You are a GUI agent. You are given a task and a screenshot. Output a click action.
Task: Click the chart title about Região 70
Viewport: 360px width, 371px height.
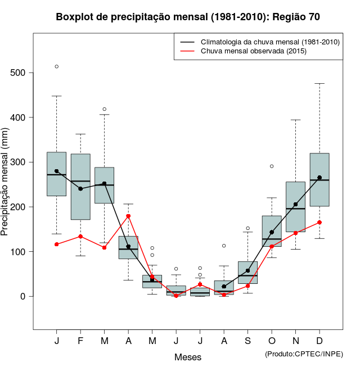click(x=188, y=17)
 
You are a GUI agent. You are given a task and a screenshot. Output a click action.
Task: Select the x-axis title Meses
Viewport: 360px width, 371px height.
click(x=188, y=357)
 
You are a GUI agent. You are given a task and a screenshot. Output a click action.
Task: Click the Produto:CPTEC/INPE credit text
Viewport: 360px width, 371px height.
click(x=304, y=354)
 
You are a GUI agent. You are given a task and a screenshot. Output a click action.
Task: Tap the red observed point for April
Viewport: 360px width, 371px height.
click(x=128, y=216)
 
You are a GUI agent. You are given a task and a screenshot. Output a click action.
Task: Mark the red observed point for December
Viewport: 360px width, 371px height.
click(x=319, y=222)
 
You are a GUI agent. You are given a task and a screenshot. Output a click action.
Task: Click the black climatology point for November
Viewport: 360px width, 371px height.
click(x=295, y=205)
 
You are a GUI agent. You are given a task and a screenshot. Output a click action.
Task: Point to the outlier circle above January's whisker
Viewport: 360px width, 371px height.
click(x=56, y=66)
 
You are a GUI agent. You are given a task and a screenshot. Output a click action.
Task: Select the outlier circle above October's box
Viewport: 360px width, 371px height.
click(x=272, y=166)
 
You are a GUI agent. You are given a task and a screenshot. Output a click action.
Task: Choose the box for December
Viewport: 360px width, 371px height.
click(x=319, y=180)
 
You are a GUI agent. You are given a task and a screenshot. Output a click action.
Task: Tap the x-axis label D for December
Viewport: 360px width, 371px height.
click(x=319, y=341)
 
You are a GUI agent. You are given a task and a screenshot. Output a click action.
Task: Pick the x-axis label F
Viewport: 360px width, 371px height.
click(x=80, y=341)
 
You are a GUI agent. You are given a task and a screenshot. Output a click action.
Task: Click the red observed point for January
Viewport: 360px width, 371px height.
click(x=56, y=244)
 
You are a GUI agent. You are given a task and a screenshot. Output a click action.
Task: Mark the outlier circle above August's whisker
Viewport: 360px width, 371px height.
click(x=224, y=246)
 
